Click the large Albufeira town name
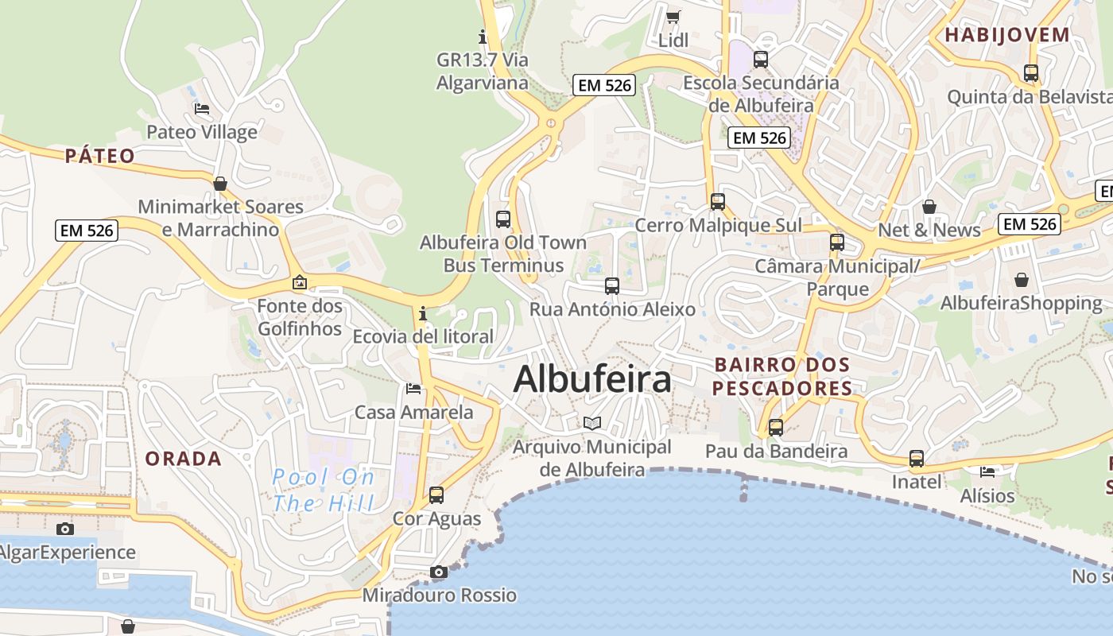pos(592,379)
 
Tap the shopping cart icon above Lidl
pos(673,17)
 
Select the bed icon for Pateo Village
pos(202,108)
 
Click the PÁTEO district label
pos(100,155)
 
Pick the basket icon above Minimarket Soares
pos(220,184)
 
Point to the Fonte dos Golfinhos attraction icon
pos(300,282)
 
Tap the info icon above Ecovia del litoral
pos(423,313)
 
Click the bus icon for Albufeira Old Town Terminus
pos(502,219)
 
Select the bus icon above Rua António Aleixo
pos(612,286)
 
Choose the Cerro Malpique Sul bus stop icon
pos(718,202)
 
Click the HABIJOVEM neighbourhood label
pos(1007,34)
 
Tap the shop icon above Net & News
pos(929,207)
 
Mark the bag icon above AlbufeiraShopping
pos(1022,280)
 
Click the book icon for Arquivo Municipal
pos(592,423)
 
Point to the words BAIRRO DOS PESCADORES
pos(782,376)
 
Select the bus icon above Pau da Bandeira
pos(776,428)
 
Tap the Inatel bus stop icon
pos(917,459)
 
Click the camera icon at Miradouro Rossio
pos(438,572)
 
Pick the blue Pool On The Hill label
pos(323,490)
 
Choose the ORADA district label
pos(183,459)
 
